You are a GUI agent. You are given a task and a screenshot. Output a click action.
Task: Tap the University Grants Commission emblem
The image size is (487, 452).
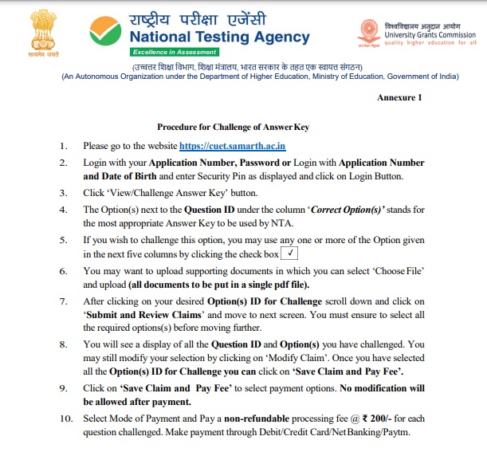(x=371, y=31)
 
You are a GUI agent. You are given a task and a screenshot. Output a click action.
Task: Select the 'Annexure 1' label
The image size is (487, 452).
(x=399, y=97)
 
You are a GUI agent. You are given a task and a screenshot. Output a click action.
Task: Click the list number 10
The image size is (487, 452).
(x=65, y=419)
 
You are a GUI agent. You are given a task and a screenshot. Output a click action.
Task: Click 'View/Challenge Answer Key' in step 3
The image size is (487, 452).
(x=156, y=193)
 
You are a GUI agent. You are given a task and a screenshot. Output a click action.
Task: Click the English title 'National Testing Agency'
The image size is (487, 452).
(x=230, y=37)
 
